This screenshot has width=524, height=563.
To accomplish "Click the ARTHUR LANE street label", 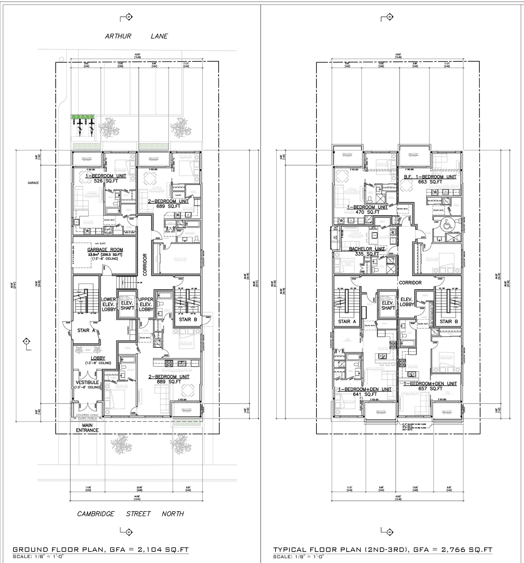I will [136, 36].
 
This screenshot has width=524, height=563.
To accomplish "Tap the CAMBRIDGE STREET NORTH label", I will [131, 513].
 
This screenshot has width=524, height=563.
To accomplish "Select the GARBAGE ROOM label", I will [105, 250].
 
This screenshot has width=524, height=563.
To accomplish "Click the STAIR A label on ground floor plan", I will [86, 330].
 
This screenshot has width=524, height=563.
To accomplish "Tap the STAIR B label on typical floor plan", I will [446, 322].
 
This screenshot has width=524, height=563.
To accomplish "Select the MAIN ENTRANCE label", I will [87, 428].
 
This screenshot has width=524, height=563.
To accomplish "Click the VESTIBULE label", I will [87, 383].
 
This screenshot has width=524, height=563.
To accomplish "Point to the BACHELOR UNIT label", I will [367, 249].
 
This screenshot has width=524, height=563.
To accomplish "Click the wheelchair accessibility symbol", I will [445, 225].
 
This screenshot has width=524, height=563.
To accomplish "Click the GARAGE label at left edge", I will [33, 183].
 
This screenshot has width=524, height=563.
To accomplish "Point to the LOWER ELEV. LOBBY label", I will [108, 304].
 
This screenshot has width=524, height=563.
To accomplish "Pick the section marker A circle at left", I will [26, 341].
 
